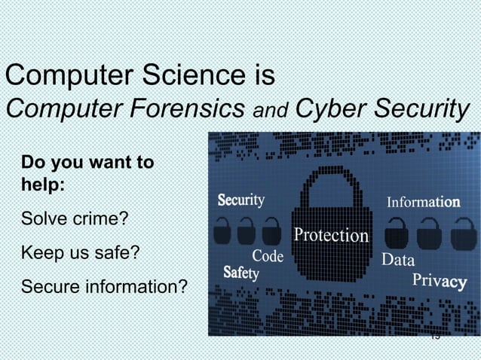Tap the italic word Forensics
[x=182, y=108]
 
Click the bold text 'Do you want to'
[x=88, y=162]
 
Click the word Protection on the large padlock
[x=331, y=236]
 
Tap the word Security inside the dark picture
[x=241, y=200]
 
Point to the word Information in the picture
[x=424, y=203]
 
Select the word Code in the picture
[x=268, y=257]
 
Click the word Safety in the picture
[x=241, y=273]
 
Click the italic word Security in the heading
[x=417, y=108]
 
